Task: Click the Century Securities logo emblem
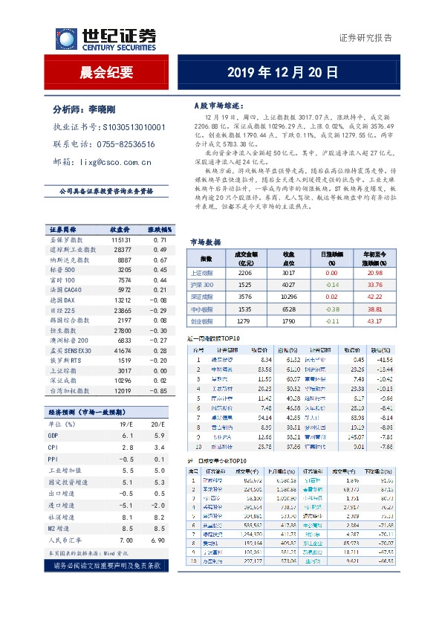pyautogui.click(x=66, y=39)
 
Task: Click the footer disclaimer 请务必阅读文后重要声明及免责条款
pyautogui.click(x=105, y=567)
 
